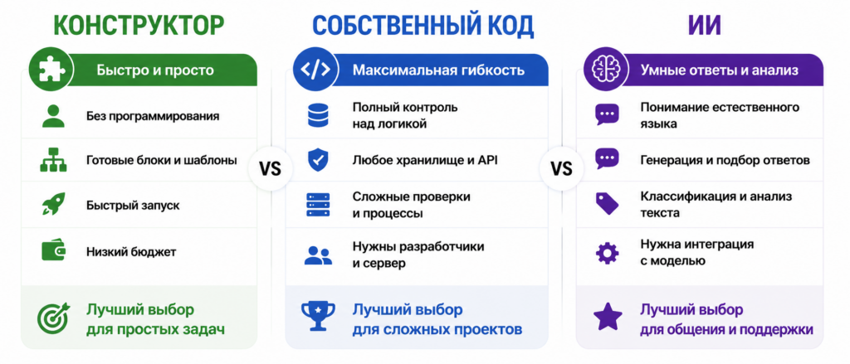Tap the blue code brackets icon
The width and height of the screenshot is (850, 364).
tap(314, 70)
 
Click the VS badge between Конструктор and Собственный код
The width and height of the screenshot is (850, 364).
tap(270, 169)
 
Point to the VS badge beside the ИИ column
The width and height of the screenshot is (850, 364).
tap(562, 169)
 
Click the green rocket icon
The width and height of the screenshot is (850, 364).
tap(54, 205)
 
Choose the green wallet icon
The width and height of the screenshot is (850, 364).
tap(54, 250)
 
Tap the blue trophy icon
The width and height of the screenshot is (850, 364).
tap(317, 316)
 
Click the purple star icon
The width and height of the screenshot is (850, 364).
tap(608, 317)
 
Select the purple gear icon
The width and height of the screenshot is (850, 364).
tap(607, 252)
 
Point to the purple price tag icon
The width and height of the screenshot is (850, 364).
tap(607, 204)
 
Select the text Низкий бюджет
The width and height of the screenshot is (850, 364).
tap(130, 252)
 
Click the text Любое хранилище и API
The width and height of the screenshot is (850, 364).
tap(425, 160)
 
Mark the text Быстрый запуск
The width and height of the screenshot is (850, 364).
tap(133, 206)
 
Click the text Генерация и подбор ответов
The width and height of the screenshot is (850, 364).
tap(725, 161)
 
